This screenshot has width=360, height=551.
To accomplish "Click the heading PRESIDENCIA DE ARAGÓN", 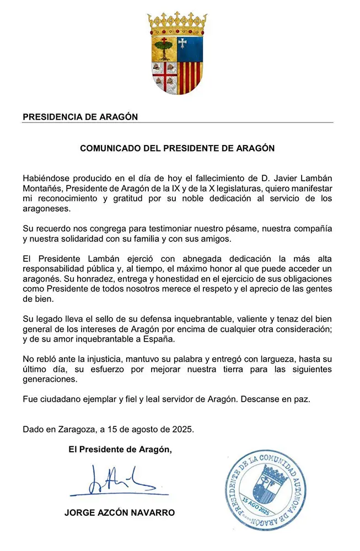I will coord(80,117).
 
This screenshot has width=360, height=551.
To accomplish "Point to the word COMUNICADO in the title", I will coord(109,148).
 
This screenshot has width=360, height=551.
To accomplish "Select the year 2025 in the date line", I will coord(182,429).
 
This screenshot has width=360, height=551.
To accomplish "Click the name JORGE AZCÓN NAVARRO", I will coord(120,512).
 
